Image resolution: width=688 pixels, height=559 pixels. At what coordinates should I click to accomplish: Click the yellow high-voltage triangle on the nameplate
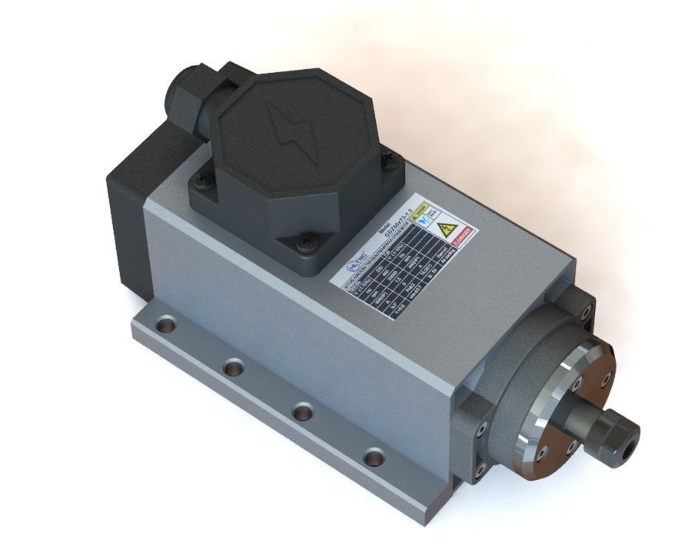(x=447, y=228)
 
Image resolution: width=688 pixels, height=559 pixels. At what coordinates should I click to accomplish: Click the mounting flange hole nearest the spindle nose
(x=374, y=458)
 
